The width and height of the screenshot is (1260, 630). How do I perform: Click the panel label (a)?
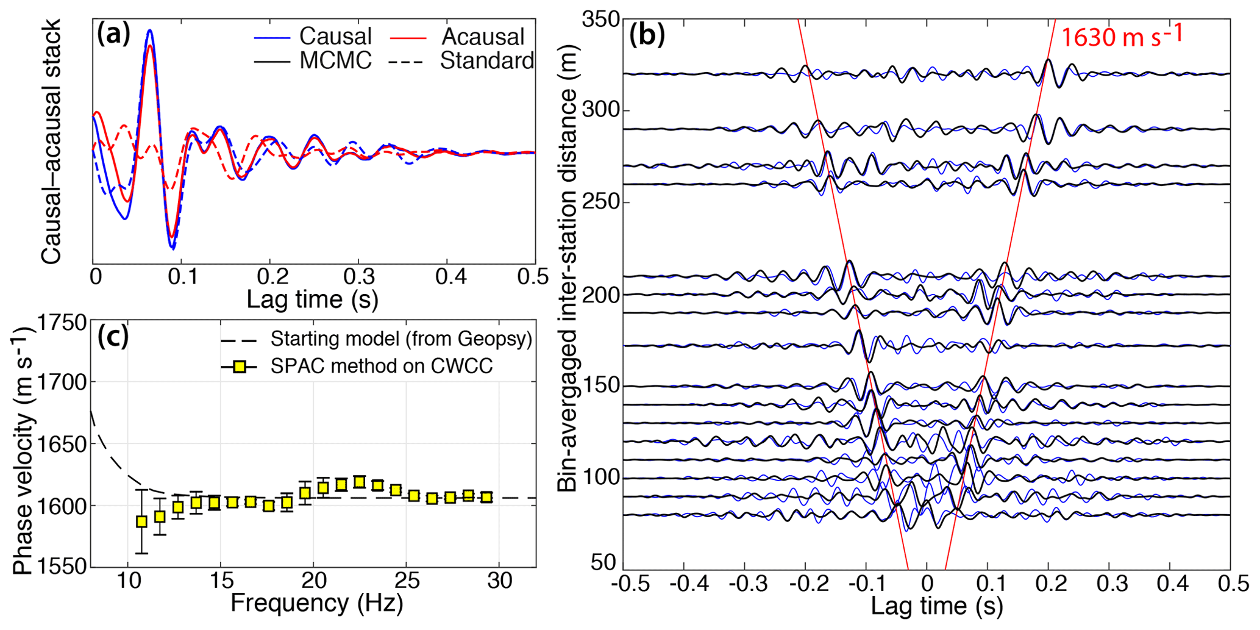click(x=113, y=35)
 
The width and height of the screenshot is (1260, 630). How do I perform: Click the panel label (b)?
click(x=646, y=35)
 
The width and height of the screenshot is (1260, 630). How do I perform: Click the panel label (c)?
click(x=113, y=337)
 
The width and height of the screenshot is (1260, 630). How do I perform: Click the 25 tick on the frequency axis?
click(x=407, y=581)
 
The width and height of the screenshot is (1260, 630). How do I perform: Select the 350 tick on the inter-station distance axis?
click(x=600, y=20)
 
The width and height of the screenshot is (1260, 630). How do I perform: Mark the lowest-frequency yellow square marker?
click(x=141, y=521)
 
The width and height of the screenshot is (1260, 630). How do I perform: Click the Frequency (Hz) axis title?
click(x=316, y=603)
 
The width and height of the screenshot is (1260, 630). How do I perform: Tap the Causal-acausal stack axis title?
click(x=51, y=141)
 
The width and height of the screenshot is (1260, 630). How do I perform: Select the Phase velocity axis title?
click(x=24, y=451)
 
